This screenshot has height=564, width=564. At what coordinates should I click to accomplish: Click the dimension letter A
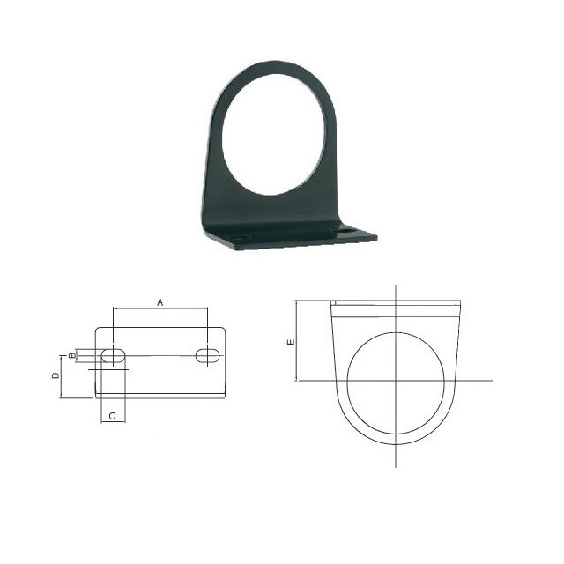[160, 302]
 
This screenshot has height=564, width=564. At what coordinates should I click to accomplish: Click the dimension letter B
[72, 355]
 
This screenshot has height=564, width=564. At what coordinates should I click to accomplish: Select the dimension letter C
[112, 416]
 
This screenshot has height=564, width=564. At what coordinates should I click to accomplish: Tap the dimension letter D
[56, 376]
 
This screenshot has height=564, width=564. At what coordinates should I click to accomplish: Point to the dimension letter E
[291, 341]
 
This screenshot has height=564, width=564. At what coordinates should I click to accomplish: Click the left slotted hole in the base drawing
[114, 356]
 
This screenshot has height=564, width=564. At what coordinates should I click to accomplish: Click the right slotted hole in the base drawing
[208, 356]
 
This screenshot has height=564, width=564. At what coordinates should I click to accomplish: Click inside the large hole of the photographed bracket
[273, 135]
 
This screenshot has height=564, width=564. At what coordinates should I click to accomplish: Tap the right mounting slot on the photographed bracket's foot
[346, 229]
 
